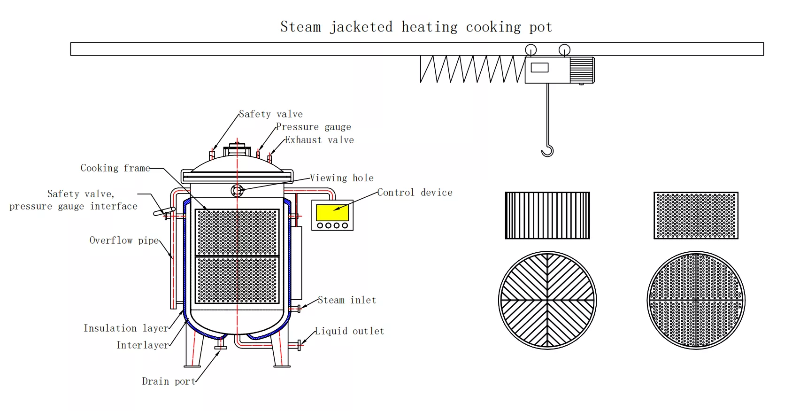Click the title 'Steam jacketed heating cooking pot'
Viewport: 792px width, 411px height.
point(416,27)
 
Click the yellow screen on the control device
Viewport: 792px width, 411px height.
point(332,212)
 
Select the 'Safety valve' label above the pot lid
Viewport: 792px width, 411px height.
point(271,114)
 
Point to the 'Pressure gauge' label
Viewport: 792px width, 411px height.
point(313,127)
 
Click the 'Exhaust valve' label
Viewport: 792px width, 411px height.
point(319,140)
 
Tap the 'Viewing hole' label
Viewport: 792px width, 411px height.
point(342,178)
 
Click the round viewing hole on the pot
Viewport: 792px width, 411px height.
point(237,191)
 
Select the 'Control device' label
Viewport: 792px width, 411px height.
point(415,193)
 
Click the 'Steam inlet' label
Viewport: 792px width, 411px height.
point(347,300)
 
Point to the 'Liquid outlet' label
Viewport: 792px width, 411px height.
point(349,331)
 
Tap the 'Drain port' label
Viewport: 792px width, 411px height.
point(169,381)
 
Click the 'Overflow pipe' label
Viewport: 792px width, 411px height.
point(124,240)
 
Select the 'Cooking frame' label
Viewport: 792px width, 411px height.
point(115,168)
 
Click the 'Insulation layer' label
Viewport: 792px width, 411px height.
point(126,328)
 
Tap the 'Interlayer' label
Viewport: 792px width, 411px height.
point(143,345)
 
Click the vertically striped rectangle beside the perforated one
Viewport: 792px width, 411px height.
point(547,215)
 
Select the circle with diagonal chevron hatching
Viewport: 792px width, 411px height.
point(547,300)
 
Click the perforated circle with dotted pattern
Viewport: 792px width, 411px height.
point(696,300)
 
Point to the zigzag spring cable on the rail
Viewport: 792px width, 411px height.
point(472,69)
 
